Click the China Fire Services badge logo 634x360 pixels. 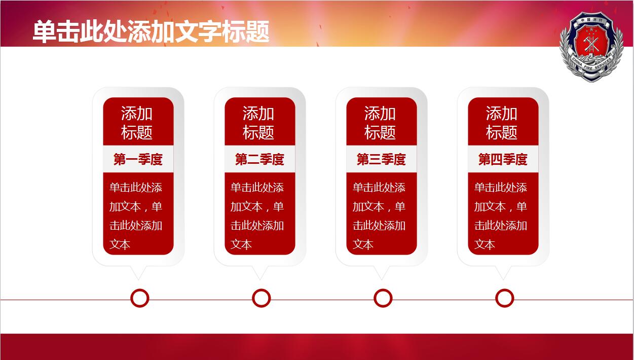[x=592, y=47]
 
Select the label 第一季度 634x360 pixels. [x=138, y=159]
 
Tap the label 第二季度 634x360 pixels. [x=259, y=159]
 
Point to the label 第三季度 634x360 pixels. [x=381, y=159]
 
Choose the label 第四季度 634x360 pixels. [x=503, y=159]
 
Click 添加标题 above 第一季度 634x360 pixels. [x=137, y=123]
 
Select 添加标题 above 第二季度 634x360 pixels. [x=258, y=123]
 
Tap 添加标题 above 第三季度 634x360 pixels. [x=380, y=123]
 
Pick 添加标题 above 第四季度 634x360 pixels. [x=502, y=123]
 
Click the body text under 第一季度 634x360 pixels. [x=136, y=216]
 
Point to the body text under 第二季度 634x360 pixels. [x=257, y=216]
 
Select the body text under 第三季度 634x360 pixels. [x=379, y=216]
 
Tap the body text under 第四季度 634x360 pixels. [x=501, y=216]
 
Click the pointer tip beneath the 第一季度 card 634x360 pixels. [x=138, y=279]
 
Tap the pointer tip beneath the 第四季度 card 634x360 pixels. [x=503, y=279]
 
